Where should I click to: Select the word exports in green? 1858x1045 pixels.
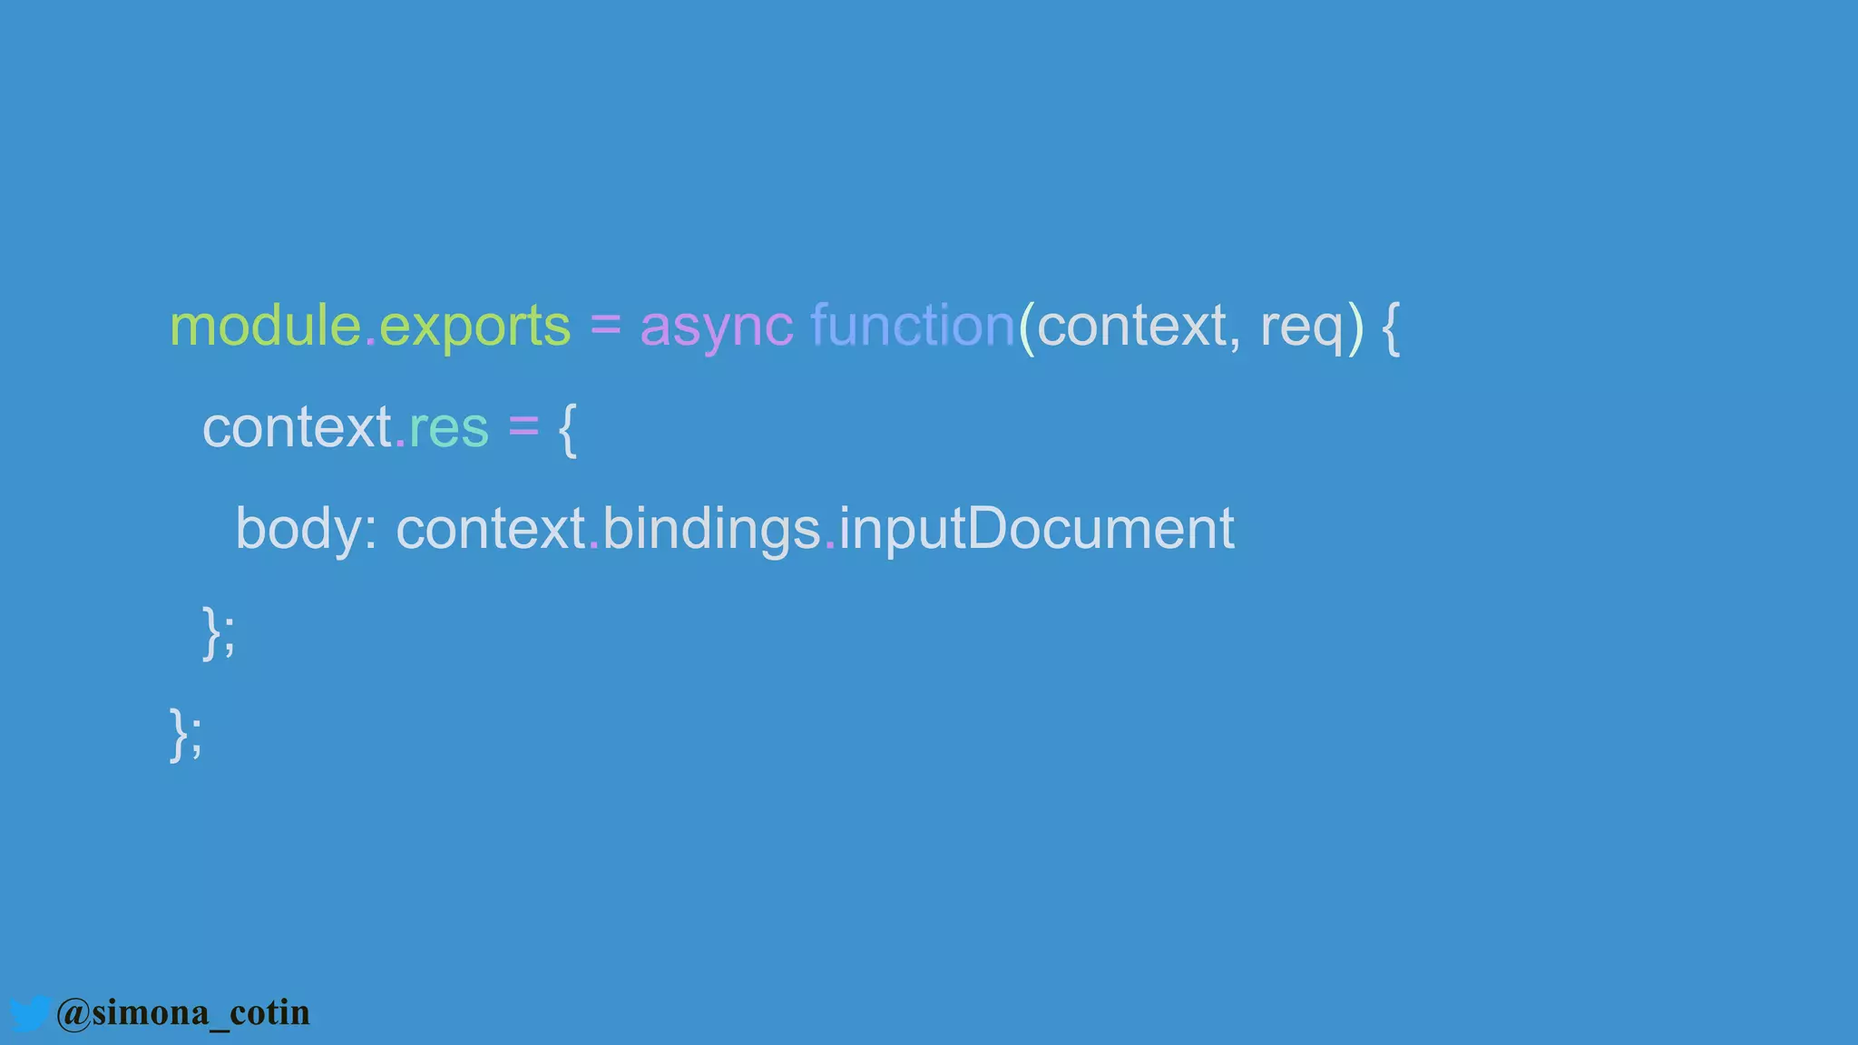[474, 327]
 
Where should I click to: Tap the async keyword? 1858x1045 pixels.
[716, 327]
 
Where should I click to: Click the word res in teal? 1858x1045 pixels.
[449, 427]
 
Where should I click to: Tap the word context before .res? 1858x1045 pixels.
[297, 427]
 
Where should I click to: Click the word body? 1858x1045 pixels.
[298, 529]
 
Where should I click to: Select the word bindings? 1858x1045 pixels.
[711, 529]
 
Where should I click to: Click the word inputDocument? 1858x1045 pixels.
[1036, 529]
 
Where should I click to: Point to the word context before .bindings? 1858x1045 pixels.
[491, 529]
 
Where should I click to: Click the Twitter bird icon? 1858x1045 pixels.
[29, 1012]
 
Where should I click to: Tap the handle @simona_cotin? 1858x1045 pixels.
[182, 1012]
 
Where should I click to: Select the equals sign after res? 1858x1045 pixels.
[523, 427]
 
